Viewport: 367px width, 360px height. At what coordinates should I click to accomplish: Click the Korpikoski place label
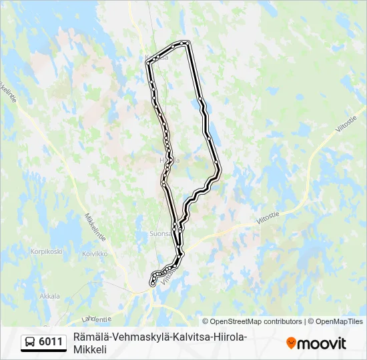[x=46, y=251]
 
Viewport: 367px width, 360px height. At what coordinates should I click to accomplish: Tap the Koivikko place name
[x=94, y=254]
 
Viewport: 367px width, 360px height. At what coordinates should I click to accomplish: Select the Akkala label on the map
[x=49, y=296]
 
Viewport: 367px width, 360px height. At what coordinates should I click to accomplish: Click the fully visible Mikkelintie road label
[x=95, y=227]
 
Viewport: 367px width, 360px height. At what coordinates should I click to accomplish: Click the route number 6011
[x=51, y=342]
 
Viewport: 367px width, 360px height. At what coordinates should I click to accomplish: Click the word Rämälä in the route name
[x=89, y=337]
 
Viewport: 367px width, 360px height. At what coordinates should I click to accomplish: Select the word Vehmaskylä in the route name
[x=135, y=337]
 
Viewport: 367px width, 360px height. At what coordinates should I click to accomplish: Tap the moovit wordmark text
[x=322, y=343]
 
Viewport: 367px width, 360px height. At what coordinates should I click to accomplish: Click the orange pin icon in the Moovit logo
[x=291, y=343]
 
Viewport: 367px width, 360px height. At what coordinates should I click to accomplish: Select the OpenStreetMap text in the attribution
[x=236, y=321]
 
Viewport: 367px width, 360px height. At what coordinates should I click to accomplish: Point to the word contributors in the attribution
[x=283, y=321]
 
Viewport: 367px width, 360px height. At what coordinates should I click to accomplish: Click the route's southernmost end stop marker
[x=153, y=284]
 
